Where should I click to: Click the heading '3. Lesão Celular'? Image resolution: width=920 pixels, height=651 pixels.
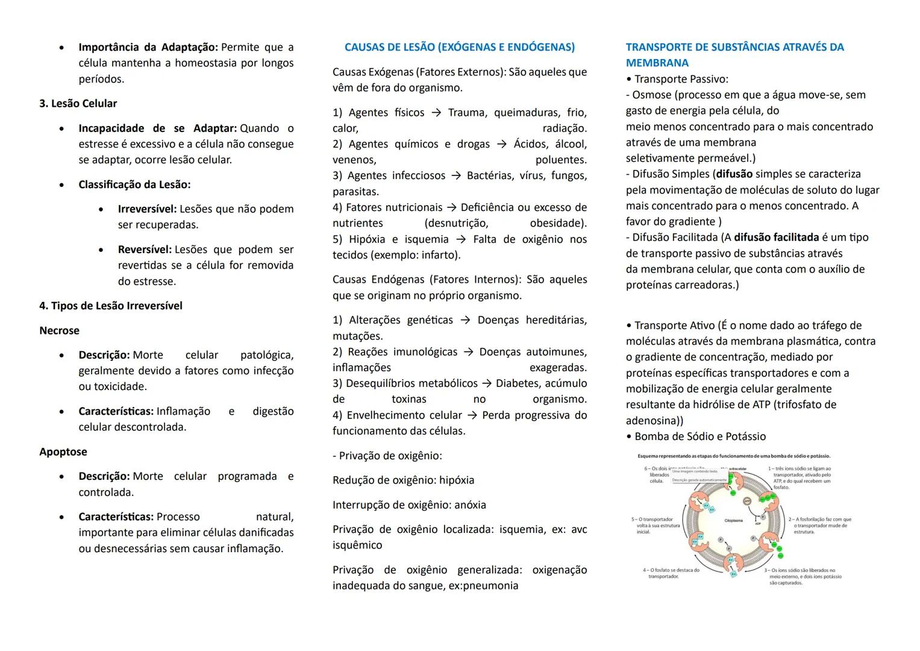[x=78, y=104]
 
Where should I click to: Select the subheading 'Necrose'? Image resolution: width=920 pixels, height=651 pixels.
[x=59, y=330]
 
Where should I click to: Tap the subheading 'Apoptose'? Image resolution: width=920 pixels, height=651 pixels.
[x=63, y=451]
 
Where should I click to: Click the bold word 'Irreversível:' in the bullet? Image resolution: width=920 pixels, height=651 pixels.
[x=147, y=209]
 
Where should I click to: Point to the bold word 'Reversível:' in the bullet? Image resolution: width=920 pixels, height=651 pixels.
[x=145, y=250]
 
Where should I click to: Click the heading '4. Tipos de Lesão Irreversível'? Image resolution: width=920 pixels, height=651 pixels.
[x=111, y=306]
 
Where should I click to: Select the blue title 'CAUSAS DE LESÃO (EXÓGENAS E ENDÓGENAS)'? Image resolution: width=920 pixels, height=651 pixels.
[x=459, y=47]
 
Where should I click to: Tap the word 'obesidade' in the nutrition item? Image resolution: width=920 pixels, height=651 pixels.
[x=557, y=224]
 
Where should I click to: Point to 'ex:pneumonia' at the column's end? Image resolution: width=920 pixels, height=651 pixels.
[x=483, y=586]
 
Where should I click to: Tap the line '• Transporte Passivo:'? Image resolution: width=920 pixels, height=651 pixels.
[x=677, y=79]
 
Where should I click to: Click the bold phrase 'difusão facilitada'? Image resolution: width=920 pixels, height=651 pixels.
[x=777, y=237]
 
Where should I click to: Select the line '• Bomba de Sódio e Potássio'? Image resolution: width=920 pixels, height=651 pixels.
[x=695, y=436]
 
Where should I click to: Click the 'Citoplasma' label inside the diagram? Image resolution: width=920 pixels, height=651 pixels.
[x=733, y=520]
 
